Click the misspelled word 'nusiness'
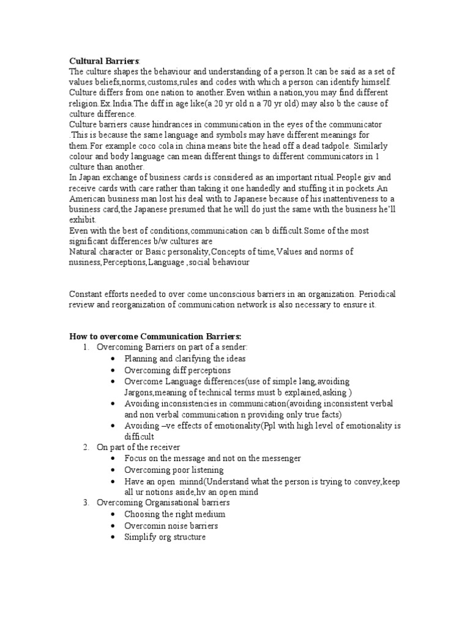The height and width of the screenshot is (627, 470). tap(84, 262)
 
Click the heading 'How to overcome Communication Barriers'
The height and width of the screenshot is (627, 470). tap(155, 337)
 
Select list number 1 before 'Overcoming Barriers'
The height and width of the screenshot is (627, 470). tap(86, 348)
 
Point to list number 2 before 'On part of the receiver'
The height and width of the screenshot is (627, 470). tap(86, 448)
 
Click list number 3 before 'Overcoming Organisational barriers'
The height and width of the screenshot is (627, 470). tap(86, 503)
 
